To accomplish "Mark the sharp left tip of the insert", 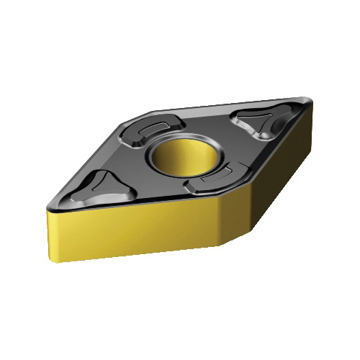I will [x=44, y=205].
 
